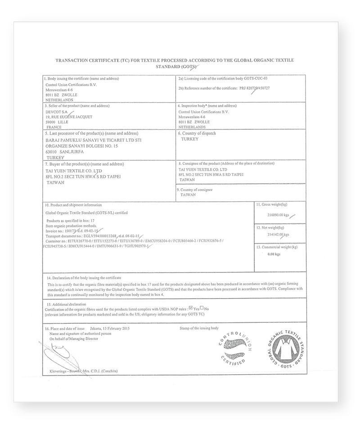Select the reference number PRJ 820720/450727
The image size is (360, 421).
(253, 88)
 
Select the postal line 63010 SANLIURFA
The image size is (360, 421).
(64, 152)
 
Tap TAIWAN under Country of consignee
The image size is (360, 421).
(189, 195)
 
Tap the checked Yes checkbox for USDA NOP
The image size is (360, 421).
(191, 308)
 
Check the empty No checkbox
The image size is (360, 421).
(202, 308)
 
